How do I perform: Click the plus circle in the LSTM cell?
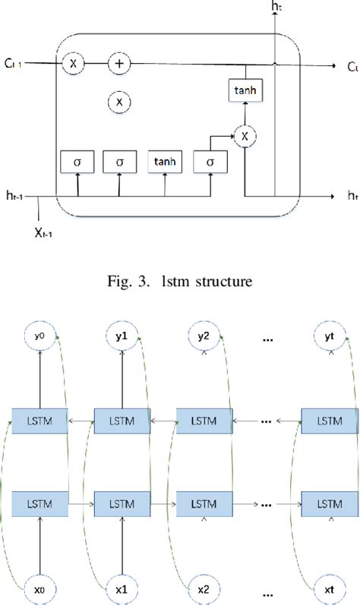tap(118, 63)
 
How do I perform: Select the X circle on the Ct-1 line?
tap(73, 64)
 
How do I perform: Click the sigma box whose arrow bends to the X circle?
tap(209, 162)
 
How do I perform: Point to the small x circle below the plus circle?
tap(118, 101)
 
